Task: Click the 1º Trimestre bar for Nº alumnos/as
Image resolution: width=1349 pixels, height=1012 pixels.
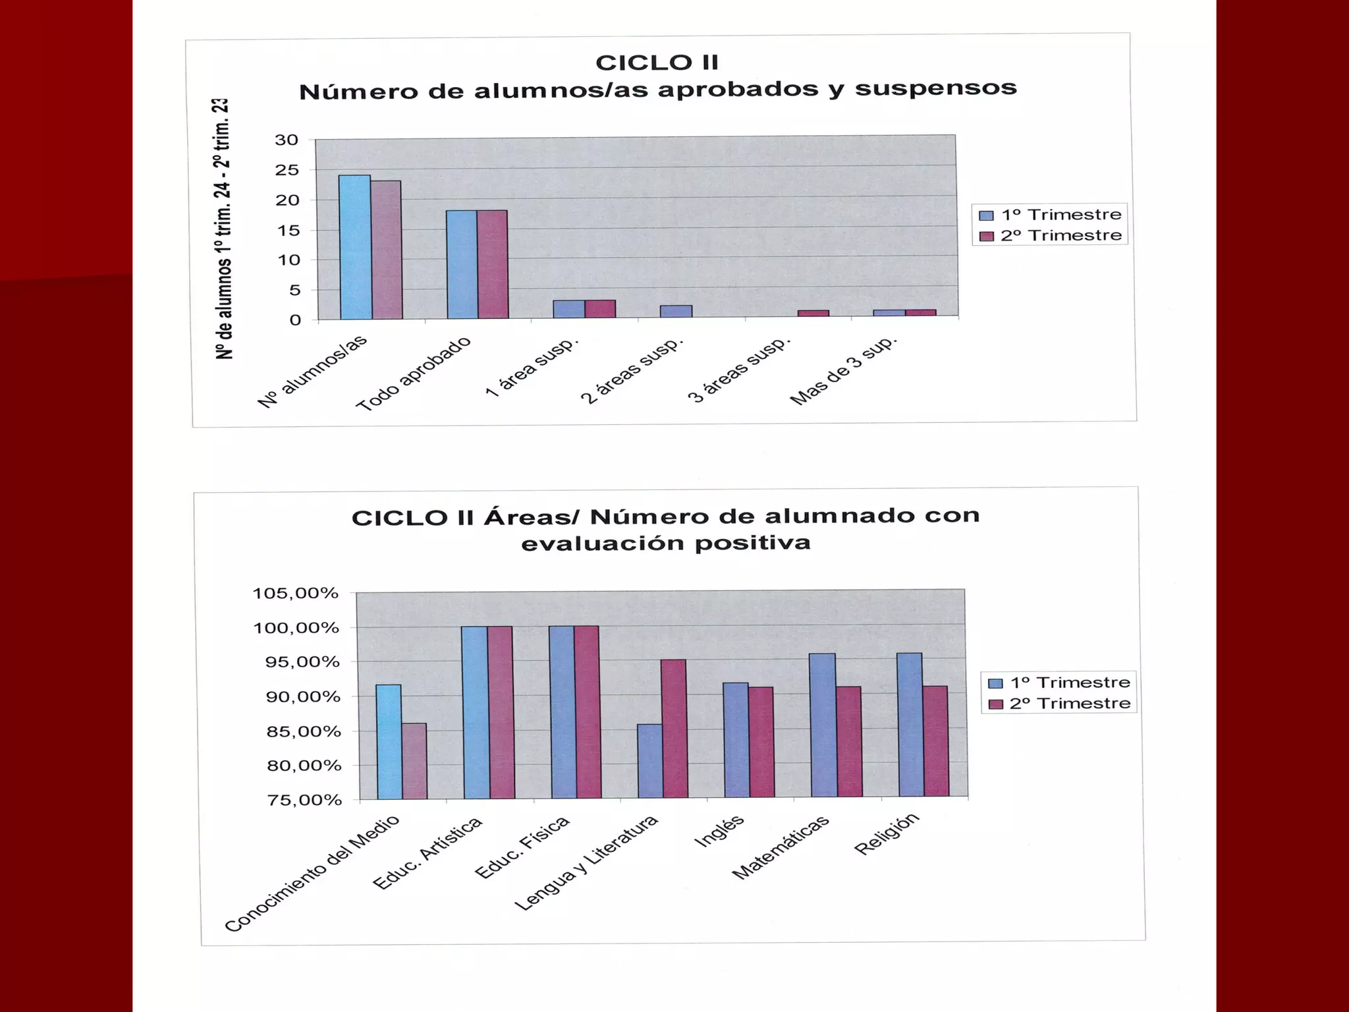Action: pos(355,247)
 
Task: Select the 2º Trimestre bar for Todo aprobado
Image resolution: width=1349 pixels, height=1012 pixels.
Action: pos(492,264)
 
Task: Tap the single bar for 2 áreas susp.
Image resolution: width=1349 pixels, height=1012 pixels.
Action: pos(676,311)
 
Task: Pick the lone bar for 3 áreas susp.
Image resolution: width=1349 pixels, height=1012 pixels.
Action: pos(813,314)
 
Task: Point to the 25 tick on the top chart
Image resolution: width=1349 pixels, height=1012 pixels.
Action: pos(287,170)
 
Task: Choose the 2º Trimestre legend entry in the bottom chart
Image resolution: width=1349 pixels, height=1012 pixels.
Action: pos(1060,704)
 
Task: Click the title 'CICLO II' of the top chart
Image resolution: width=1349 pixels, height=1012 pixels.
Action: pos(657,63)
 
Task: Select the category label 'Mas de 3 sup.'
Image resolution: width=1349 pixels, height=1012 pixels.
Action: pos(844,371)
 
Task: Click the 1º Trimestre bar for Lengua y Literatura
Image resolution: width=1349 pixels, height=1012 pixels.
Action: pos(650,761)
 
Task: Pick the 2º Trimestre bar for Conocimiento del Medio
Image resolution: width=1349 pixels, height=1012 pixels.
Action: pos(414,761)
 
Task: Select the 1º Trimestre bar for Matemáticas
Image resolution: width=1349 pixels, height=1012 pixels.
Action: pos(823,725)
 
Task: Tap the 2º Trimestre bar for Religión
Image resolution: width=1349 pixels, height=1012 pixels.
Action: pos(935,741)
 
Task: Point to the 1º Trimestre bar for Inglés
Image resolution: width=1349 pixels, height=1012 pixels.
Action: pos(736,740)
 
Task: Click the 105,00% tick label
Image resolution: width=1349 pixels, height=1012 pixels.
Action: pos(295,594)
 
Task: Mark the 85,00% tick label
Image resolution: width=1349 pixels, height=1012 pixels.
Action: pos(304,731)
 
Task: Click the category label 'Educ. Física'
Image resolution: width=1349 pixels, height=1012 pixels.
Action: pos(522,847)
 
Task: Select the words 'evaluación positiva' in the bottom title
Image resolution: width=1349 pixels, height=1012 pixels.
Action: pos(665,544)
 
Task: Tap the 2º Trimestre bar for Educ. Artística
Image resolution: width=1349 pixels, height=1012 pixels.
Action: pos(501,712)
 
